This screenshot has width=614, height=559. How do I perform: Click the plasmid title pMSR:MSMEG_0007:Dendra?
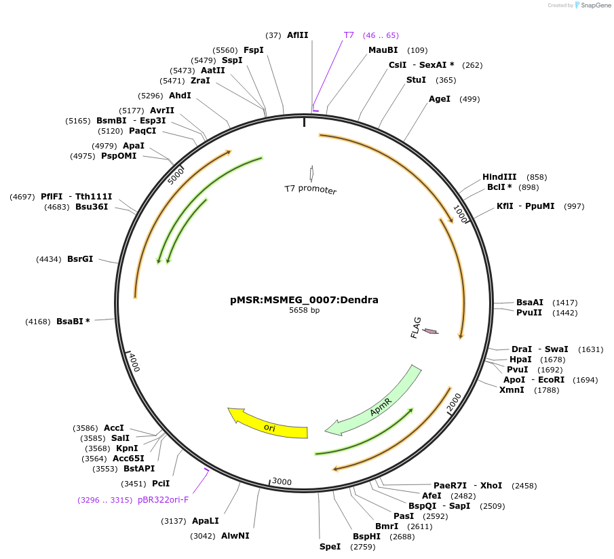pyautogui.click(x=304, y=299)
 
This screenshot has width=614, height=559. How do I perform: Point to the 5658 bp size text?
pyautogui.click(x=304, y=310)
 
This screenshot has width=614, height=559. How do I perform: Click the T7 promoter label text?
pyautogui.click(x=310, y=190)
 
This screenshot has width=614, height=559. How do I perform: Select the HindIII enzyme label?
pyautogui.click(x=499, y=177)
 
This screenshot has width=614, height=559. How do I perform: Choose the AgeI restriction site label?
pyautogui.click(x=440, y=99)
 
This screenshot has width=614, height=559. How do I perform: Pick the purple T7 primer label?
pyautogui.click(x=349, y=35)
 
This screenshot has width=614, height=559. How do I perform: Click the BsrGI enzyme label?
pyautogui.click(x=80, y=259)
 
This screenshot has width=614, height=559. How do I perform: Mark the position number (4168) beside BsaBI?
pyautogui.click(x=38, y=322)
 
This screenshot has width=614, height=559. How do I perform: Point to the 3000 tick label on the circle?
pyautogui.click(x=282, y=482)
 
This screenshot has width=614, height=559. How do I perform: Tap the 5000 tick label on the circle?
pyautogui.click(x=176, y=176)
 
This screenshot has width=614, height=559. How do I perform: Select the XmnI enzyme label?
pyautogui.click(x=512, y=390)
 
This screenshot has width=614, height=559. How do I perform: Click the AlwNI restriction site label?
pyautogui.click(x=235, y=535)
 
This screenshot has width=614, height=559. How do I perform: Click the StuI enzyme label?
pyautogui.click(x=416, y=80)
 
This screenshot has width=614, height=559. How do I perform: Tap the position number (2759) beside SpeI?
pyautogui.click(x=362, y=547)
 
